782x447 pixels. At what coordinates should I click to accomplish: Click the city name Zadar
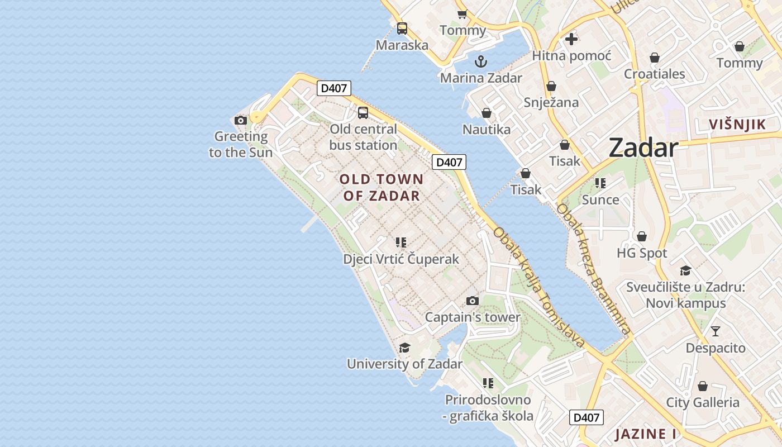pyautogui.click(x=643, y=148)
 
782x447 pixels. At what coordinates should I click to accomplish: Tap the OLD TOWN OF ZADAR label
pyautogui.click(x=382, y=188)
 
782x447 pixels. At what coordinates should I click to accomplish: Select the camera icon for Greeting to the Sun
pyautogui.click(x=241, y=120)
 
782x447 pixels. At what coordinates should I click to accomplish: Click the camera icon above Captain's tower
pyautogui.click(x=473, y=301)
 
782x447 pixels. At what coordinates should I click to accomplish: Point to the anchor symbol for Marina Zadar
pyautogui.click(x=480, y=61)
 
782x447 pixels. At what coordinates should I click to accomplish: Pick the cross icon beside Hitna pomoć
pyautogui.click(x=571, y=39)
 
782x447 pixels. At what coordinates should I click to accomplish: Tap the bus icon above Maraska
pyautogui.click(x=402, y=28)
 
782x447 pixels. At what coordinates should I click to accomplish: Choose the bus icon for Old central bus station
pyautogui.click(x=363, y=113)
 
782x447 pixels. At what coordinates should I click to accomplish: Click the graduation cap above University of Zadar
pyautogui.click(x=404, y=348)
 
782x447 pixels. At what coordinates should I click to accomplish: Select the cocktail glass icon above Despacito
pyautogui.click(x=716, y=331)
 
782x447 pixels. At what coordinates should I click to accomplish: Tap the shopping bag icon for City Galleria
pyautogui.click(x=703, y=386)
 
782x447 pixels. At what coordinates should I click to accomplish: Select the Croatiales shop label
pyautogui.click(x=655, y=74)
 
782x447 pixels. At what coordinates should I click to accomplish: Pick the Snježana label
pyautogui.click(x=551, y=103)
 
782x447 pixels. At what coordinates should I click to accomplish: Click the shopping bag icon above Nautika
pyautogui.click(x=487, y=113)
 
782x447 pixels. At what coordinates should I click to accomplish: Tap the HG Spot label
pyautogui.click(x=642, y=253)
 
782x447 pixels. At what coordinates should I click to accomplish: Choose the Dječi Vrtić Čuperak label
pyautogui.click(x=401, y=259)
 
